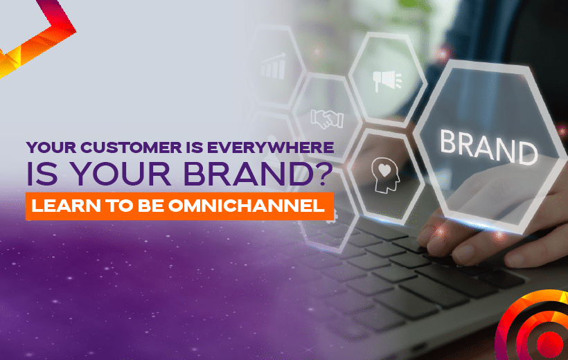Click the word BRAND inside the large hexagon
coord(488,147)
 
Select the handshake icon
coord(327,119)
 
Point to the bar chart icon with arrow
coord(273,66)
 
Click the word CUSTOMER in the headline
coord(131,147)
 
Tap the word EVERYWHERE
coord(271,147)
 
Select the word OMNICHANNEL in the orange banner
coord(247,206)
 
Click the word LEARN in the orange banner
coord(66,206)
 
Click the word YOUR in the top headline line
coord(51,147)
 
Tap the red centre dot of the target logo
coord(550,343)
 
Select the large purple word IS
coord(42,174)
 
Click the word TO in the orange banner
coord(121,206)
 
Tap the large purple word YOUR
coord(122,174)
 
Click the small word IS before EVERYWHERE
coord(195,147)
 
